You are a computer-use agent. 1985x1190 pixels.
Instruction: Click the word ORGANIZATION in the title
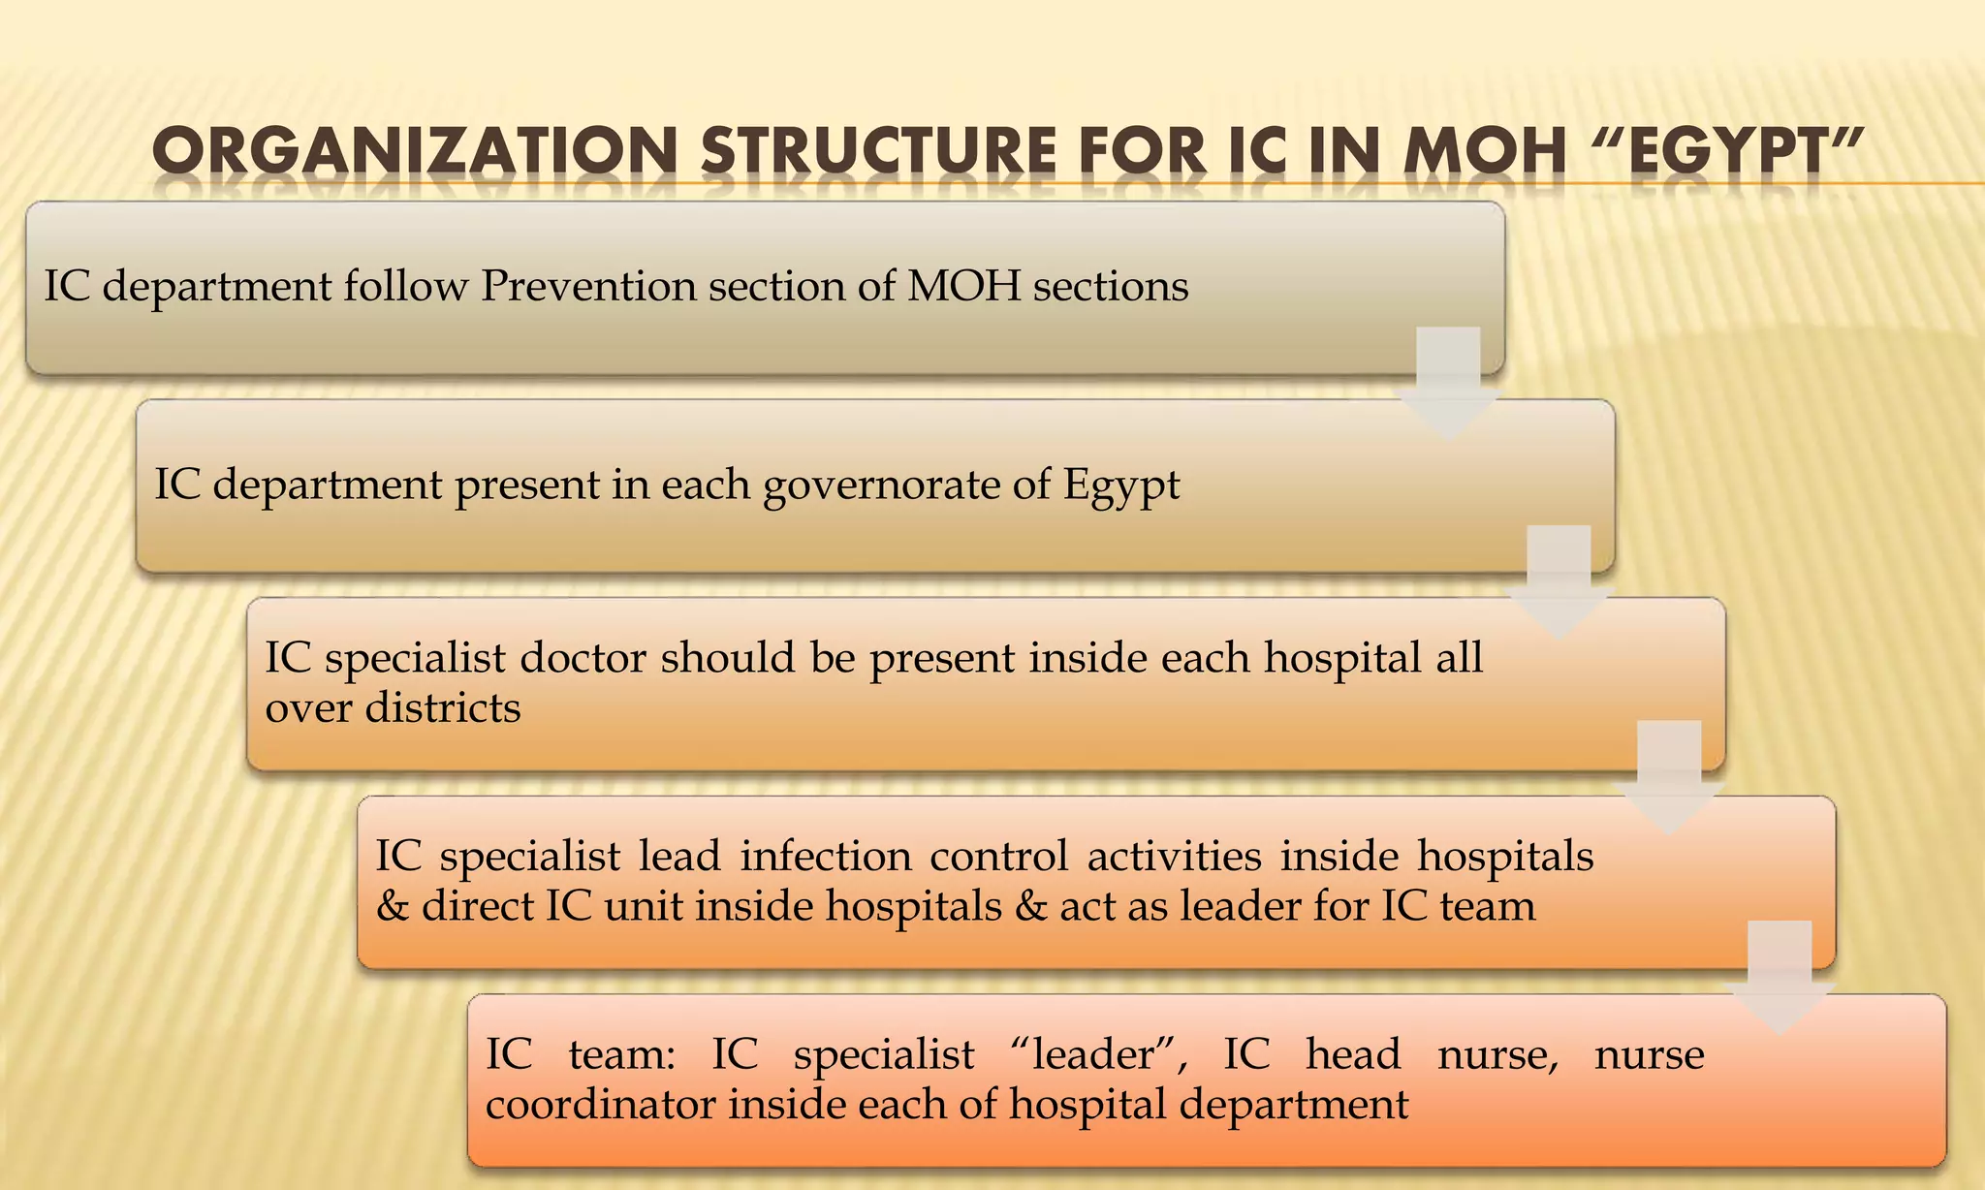pyautogui.click(x=414, y=154)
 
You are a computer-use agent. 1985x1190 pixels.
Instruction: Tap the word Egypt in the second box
pyautogui.click(x=1121, y=485)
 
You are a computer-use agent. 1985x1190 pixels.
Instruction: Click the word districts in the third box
pyautogui.click(x=443, y=707)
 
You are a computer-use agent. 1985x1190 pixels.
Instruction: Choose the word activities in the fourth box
pyautogui.click(x=1174, y=856)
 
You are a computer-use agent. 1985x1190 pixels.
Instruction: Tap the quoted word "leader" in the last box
pyautogui.click(x=1098, y=1054)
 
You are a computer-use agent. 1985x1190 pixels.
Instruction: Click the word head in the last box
pyautogui.click(x=1352, y=1054)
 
